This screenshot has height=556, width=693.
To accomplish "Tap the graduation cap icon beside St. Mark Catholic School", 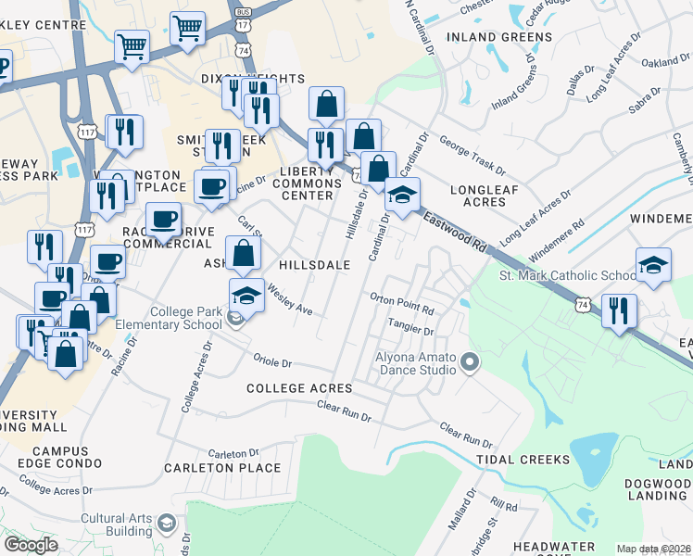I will (653, 265).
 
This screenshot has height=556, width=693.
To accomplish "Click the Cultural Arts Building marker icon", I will (168, 524).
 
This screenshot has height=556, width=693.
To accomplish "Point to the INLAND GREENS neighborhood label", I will (499, 37).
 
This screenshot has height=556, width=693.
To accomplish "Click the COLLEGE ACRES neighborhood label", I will (299, 387).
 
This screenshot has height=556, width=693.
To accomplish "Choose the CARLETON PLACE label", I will (222, 468).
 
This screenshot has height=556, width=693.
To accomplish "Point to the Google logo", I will (31, 544).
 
